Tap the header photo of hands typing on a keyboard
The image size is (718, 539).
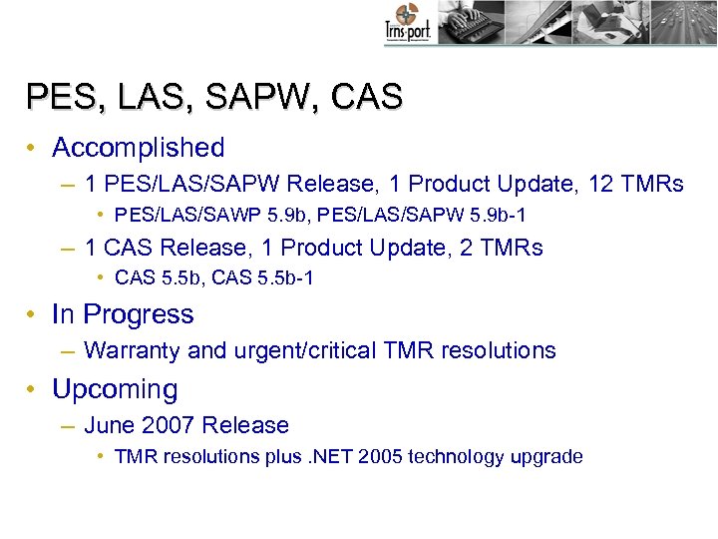click(466, 22)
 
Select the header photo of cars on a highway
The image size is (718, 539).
click(678, 22)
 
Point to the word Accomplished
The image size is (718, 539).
click(139, 148)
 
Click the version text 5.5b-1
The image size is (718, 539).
click(281, 278)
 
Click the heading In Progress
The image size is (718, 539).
click(123, 314)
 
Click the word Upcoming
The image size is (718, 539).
click(115, 389)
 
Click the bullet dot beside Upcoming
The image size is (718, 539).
click(34, 389)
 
